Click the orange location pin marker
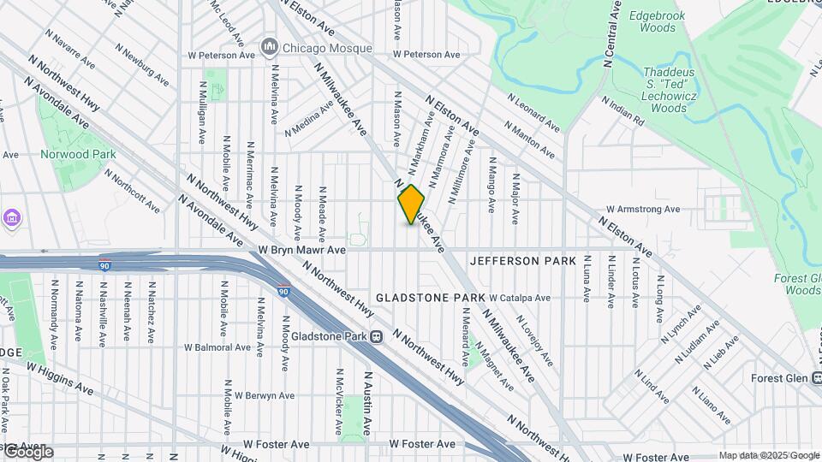click(x=412, y=204)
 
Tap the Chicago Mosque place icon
click(x=270, y=44)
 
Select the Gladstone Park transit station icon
click(x=376, y=337)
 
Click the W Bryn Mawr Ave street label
click(x=301, y=251)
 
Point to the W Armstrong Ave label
click(x=642, y=209)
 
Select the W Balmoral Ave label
click(x=218, y=347)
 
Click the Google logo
click(x=27, y=452)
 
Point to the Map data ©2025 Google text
click(x=768, y=455)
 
